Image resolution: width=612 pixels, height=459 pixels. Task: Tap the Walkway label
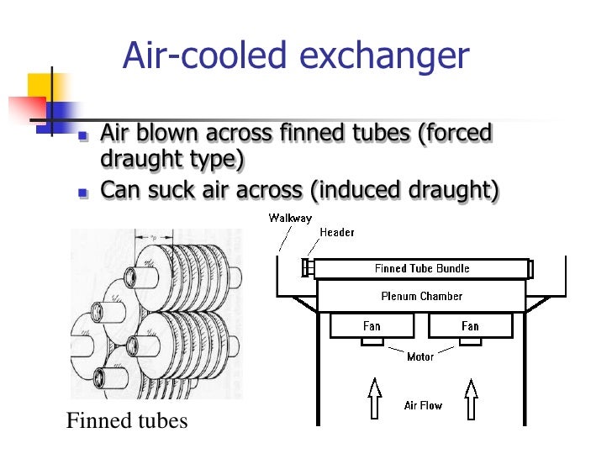pyautogui.click(x=290, y=219)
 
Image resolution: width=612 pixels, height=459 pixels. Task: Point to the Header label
pyautogui.click(x=337, y=232)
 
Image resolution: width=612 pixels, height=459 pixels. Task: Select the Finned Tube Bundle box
pyautogui.click(x=422, y=269)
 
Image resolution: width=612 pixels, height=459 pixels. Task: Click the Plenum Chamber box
pyautogui.click(x=421, y=296)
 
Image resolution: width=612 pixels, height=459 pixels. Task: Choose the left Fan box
pyautogui.click(x=372, y=326)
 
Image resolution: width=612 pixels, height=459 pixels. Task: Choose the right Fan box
pyautogui.click(x=470, y=326)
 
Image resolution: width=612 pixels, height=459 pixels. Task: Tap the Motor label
pyautogui.click(x=420, y=357)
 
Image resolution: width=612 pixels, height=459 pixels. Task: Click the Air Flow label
pyautogui.click(x=423, y=405)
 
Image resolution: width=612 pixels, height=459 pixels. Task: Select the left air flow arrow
pyautogui.click(x=374, y=398)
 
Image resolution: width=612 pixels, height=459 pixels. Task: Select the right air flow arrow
pyautogui.click(x=471, y=398)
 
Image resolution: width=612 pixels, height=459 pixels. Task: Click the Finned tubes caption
pyautogui.click(x=127, y=420)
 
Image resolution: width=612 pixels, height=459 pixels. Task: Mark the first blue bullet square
pyautogui.click(x=82, y=137)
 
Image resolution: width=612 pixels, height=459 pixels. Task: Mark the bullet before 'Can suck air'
pyautogui.click(x=82, y=193)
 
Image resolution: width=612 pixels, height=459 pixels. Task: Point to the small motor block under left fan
pyautogui.click(x=372, y=342)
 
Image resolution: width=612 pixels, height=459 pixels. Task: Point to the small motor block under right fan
pyautogui.click(x=471, y=342)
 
